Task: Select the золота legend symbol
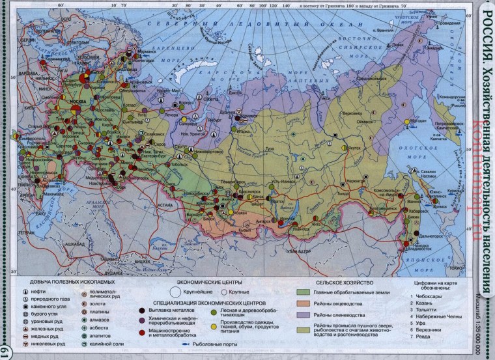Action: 85,302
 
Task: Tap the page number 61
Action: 6,351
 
